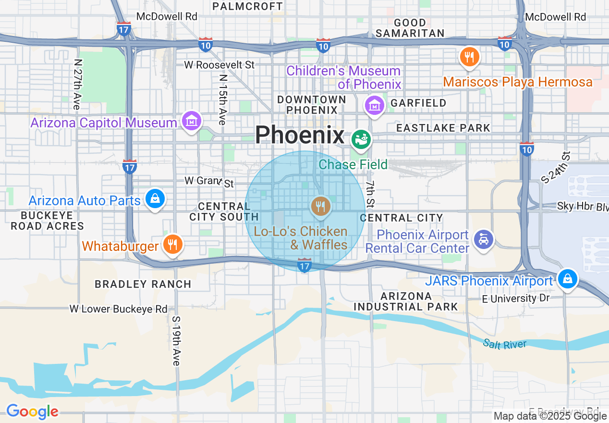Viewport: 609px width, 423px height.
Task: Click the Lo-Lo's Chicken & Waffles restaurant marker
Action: pos(320,207)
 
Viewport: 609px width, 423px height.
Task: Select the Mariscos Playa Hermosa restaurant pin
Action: pos(469,57)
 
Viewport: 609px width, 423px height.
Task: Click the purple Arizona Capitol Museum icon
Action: pos(192,121)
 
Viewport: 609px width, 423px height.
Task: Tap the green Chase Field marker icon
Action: pos(361,139)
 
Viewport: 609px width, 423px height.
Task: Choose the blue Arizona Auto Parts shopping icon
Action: pos(155,199)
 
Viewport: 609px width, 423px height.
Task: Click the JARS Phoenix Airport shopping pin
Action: pos(567,278)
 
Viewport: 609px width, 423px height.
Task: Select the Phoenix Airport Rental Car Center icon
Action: pos(484,239)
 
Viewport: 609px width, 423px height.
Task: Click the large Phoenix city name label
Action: pos(300,135)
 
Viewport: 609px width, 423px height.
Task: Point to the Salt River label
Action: pos(505,344)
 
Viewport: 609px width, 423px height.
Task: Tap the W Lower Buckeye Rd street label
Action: pos(119,309)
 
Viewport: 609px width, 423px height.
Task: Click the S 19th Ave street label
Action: pos(176,340)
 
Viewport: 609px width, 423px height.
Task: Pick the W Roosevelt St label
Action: pos(219,64)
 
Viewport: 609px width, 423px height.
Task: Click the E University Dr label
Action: pos(516,299)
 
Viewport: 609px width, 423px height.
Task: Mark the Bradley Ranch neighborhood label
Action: pos(143,284)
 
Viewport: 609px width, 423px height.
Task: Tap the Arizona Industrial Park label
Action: pos(406,301)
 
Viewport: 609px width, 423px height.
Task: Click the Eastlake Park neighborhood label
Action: pos(443,128)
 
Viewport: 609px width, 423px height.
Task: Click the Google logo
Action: pos(32,411)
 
